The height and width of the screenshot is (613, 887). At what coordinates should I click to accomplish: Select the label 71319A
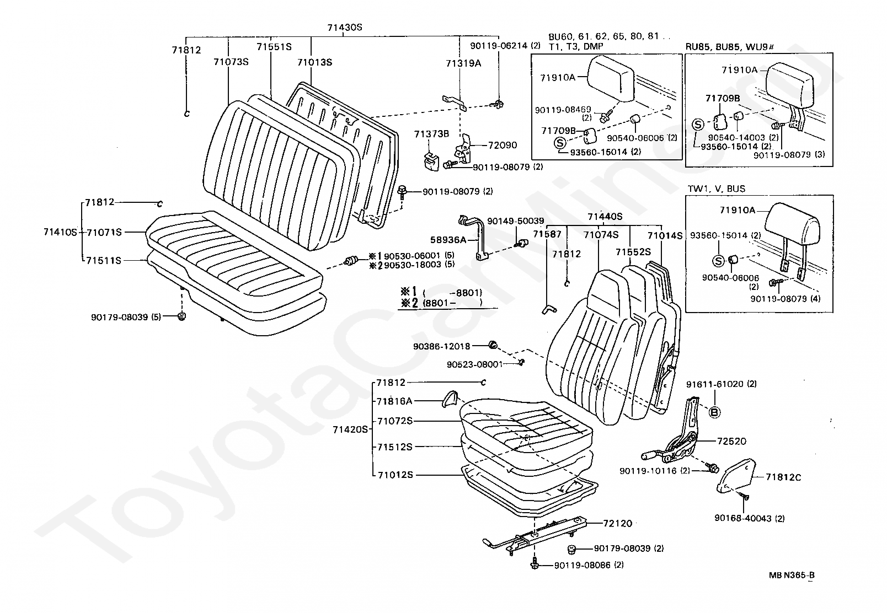tap(463, 63)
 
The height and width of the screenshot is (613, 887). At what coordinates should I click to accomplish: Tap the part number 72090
tap(503, 146)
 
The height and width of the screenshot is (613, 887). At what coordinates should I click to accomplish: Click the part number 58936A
tap(448, 240)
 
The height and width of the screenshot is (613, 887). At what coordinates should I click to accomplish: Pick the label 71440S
tap(605, 217)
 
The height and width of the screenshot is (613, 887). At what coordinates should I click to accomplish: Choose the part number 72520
tap(731, 441)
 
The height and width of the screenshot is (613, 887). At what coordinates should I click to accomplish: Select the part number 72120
tap(617, 523)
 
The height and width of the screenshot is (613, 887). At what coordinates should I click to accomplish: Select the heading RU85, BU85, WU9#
tap(730, 46)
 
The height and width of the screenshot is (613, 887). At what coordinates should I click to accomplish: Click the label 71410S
tap(60, 232)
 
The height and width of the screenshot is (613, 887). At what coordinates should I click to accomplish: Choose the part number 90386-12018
tap(441, 346)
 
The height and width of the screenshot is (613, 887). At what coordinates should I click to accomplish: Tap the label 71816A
tap(394, 401)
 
